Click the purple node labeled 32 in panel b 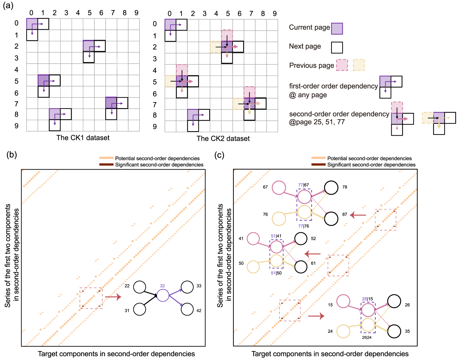tap(163, 295)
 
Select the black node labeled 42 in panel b tap(187, 309)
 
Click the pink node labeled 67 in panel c tap(279, 188)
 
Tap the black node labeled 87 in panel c tap(331, 219)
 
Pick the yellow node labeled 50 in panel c tap(253, 267)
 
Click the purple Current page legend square tap(337, 29)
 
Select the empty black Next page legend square tap(337, 47)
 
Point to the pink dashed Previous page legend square tap(342, 65)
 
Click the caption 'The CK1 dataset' tap(83, 138)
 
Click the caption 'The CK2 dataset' tap(223, 139)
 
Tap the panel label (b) tap(11, 155)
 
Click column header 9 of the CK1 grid tap(136, 13)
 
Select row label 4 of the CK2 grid tap(155, 70)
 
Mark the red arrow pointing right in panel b tap(113, 297)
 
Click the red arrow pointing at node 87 tap(358, 215)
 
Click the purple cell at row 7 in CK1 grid tap(111, 103)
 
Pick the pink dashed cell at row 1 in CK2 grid tap(227, 35)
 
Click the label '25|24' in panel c tap(366, 338)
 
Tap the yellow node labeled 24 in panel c tap(343, 331)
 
